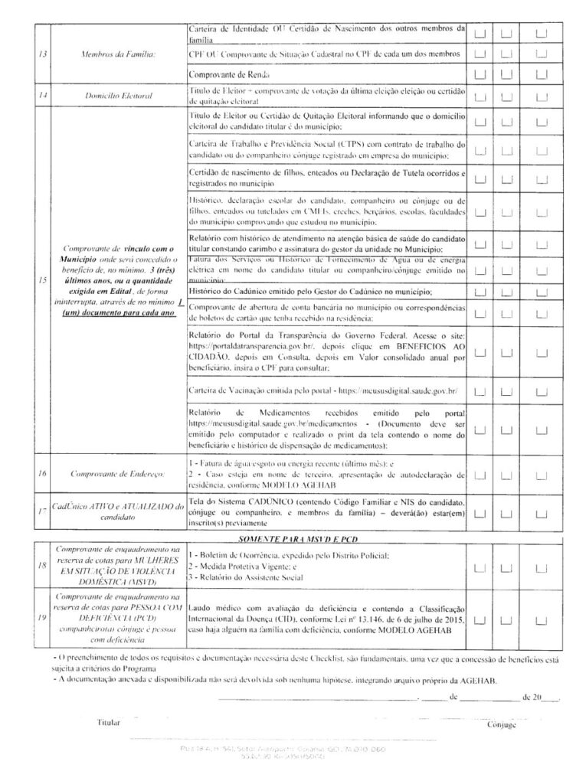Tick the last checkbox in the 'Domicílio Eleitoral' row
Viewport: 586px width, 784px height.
click(542, 97)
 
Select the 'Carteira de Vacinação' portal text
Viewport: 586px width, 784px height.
click(322, 390)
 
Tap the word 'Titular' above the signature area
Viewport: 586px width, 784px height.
click(110, 722)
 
